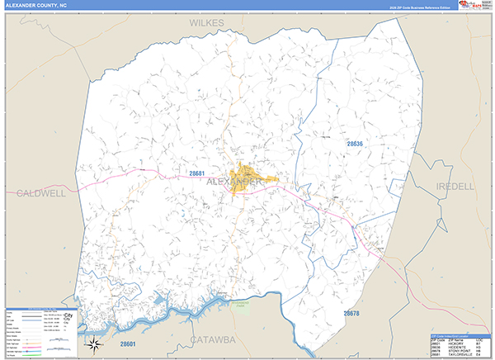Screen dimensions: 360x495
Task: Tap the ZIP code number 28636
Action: pos(355,144)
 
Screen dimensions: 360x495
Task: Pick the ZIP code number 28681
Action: pos(196,173)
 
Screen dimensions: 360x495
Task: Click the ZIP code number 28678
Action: pos(351,313)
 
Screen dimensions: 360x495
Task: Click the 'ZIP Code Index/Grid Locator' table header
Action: pos(458,335)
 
